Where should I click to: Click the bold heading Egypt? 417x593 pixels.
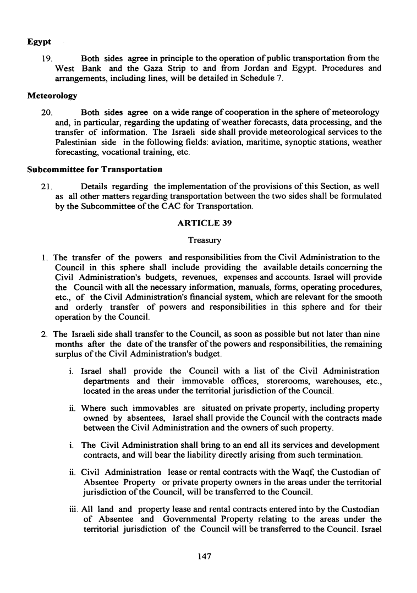click(x=39, y=42)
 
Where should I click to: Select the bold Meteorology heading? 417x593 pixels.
click(x=52, y=96)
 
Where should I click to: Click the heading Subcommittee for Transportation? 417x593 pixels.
click(x=95, y=169)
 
